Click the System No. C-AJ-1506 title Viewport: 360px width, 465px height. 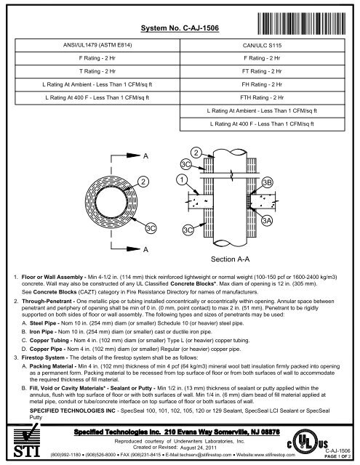(180, 27)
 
